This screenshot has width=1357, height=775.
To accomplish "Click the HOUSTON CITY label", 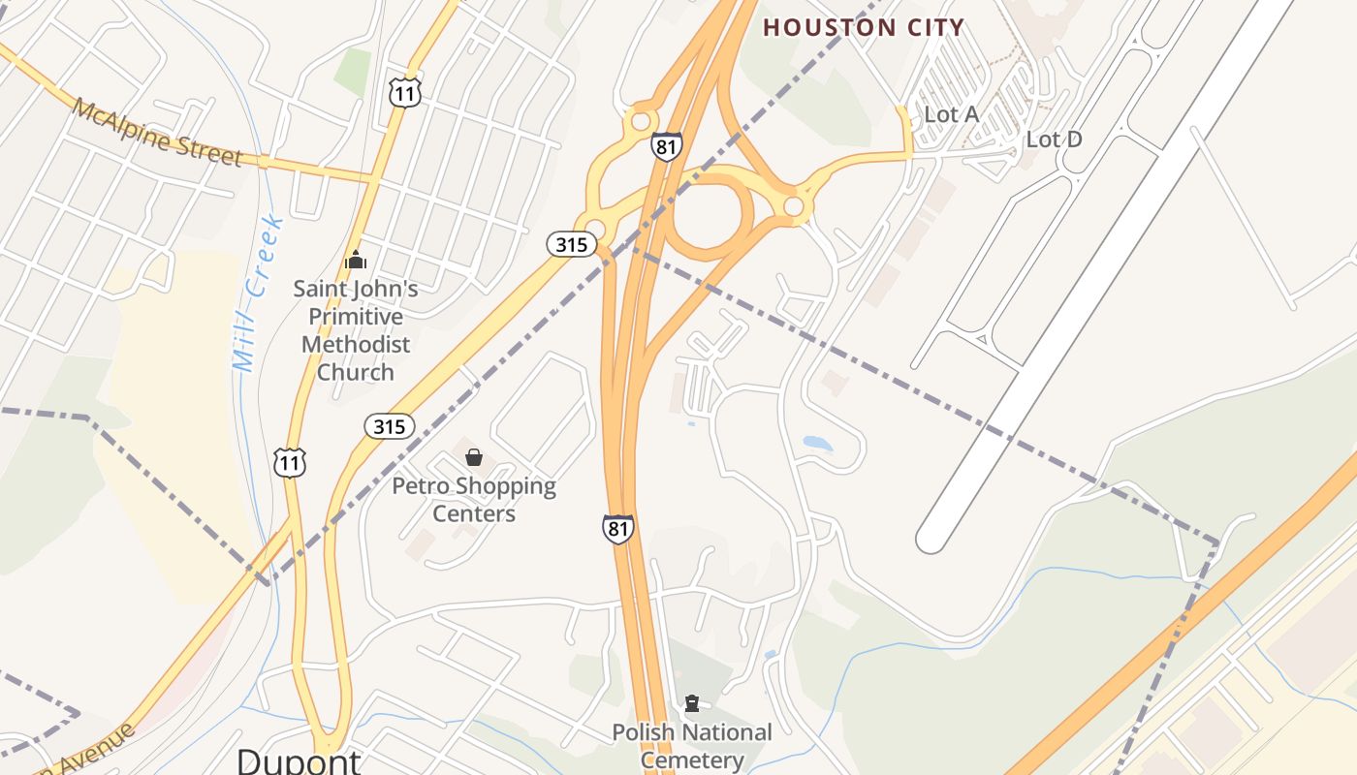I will coord(864,27).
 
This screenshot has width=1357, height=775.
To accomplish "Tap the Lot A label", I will coord(951,114).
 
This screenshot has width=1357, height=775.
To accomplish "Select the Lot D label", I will coord(1054,139).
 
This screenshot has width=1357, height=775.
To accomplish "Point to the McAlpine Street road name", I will coord(156,133).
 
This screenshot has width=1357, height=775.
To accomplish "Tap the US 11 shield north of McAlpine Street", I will coord(405,93).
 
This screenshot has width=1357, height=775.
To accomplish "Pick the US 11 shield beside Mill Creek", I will coord(289,462).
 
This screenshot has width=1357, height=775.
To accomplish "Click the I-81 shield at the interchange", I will coord(667,146).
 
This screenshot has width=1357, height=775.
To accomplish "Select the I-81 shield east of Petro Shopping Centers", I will coord(617,529).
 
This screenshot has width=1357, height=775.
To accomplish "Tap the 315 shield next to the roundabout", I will coord(571,244).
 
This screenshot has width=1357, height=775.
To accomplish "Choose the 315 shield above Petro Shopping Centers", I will coord(390,425).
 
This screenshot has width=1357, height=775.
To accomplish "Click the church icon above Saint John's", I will coord(356,260).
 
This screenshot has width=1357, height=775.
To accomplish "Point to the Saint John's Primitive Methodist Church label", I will coord(356,330).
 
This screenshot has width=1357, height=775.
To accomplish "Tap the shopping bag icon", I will coord(474,457).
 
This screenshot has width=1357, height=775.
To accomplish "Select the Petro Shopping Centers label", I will coord(474,499).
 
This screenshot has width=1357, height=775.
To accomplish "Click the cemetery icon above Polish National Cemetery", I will coord(692,703).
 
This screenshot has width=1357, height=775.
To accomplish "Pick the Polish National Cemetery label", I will coord(692,746).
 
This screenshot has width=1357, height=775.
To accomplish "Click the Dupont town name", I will coord(299,760).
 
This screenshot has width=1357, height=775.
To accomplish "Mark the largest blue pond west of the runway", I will coord(817,444).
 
